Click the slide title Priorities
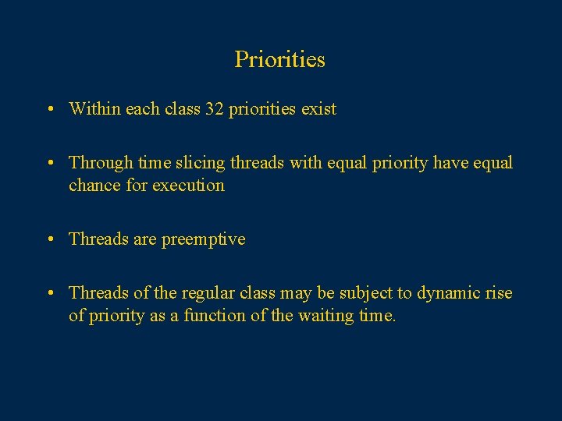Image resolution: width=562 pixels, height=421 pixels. [279, 59]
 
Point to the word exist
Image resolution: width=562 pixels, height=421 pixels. [319, 109]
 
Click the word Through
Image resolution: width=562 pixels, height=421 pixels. [100, 163]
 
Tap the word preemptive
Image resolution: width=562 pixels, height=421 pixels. [203, 239]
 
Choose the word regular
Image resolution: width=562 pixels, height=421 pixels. [207, 293]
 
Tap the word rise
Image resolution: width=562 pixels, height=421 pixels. [499, 293]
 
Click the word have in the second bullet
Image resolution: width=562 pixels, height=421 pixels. [451, 163]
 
